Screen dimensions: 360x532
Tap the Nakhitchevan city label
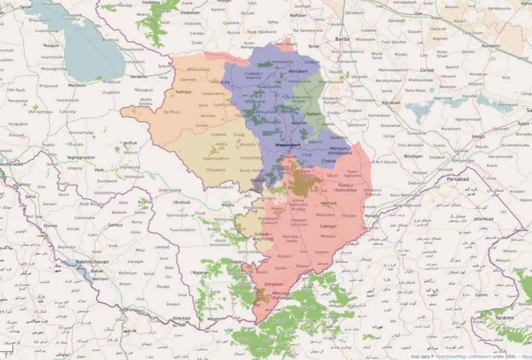pyautogui.click(x=85, y=262)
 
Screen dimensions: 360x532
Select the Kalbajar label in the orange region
pyautogui.click(x=185, y=92)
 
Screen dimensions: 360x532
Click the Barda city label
pyautogui.click(x=342, y=38)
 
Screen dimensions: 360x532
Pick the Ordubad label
pyautogui.click(x=182, y=318)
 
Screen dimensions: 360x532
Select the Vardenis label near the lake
pyautogui.click(x=138, y=77)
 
